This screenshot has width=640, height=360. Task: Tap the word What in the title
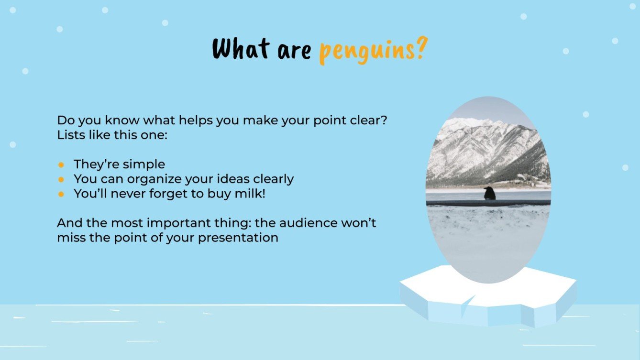pyautogui.click(x=241, y=48)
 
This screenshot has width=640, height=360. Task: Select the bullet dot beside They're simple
pyautogui.click(x=61, y=165)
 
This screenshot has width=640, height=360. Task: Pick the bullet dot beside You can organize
pyautogui.click(x=61, y=179)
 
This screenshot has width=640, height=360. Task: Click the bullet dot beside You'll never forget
pyautogui.click(x=61, y=194)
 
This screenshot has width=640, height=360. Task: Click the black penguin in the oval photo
pyautogui.click(x=489, y=193)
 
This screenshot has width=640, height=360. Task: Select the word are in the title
pyautogui.click(x=293, y=50)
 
